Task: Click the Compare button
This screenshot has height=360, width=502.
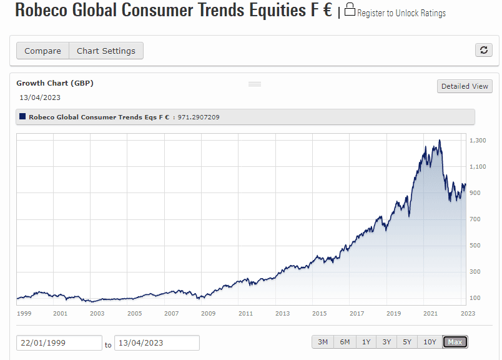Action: pyautogui.click(x=42, y=51)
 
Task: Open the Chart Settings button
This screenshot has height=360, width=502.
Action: pyautogui.click(x=106, y=51)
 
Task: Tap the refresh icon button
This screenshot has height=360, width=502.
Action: pyautogui.click(x=483, y=51)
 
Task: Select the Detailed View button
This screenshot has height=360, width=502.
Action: pyautogui.click(x=465, y=86)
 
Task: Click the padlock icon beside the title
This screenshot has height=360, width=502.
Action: pyautogui.click(x=350, y=10)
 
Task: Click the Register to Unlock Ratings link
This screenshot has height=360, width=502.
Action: pyautogui.click(x=401, y=13)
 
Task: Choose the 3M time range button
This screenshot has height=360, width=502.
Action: pyautogui.click(x=323, y=342)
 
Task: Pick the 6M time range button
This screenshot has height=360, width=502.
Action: pyautogui.click(x=345, y=342)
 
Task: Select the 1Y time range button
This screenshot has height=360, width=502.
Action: pyautogui.click(x=366, y=342)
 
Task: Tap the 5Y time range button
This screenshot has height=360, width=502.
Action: pyautogui.click(x=407, y=342)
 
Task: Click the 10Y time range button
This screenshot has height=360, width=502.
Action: pyautogui.click(x=430, y=342)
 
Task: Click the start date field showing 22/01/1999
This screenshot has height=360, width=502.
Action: pyautogui.click(x=59, y=342)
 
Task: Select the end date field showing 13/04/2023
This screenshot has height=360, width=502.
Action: pyautogui.click(x=157, y=342)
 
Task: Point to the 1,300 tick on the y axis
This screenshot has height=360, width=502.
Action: pyautogui.click(x=478, y=141)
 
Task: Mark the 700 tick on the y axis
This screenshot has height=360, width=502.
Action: pyautogui.click(x=475, y=219)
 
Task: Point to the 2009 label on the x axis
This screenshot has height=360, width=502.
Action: pyautogui.click(x=208, y=313)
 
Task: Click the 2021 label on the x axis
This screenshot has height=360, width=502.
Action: pyautogui.click(x=430, y=313)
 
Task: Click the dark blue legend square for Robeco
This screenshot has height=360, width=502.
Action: pyautogui.click(x=23, y=117)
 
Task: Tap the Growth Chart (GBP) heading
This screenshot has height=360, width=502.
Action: pyautogui.click(x=55, y=83)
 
